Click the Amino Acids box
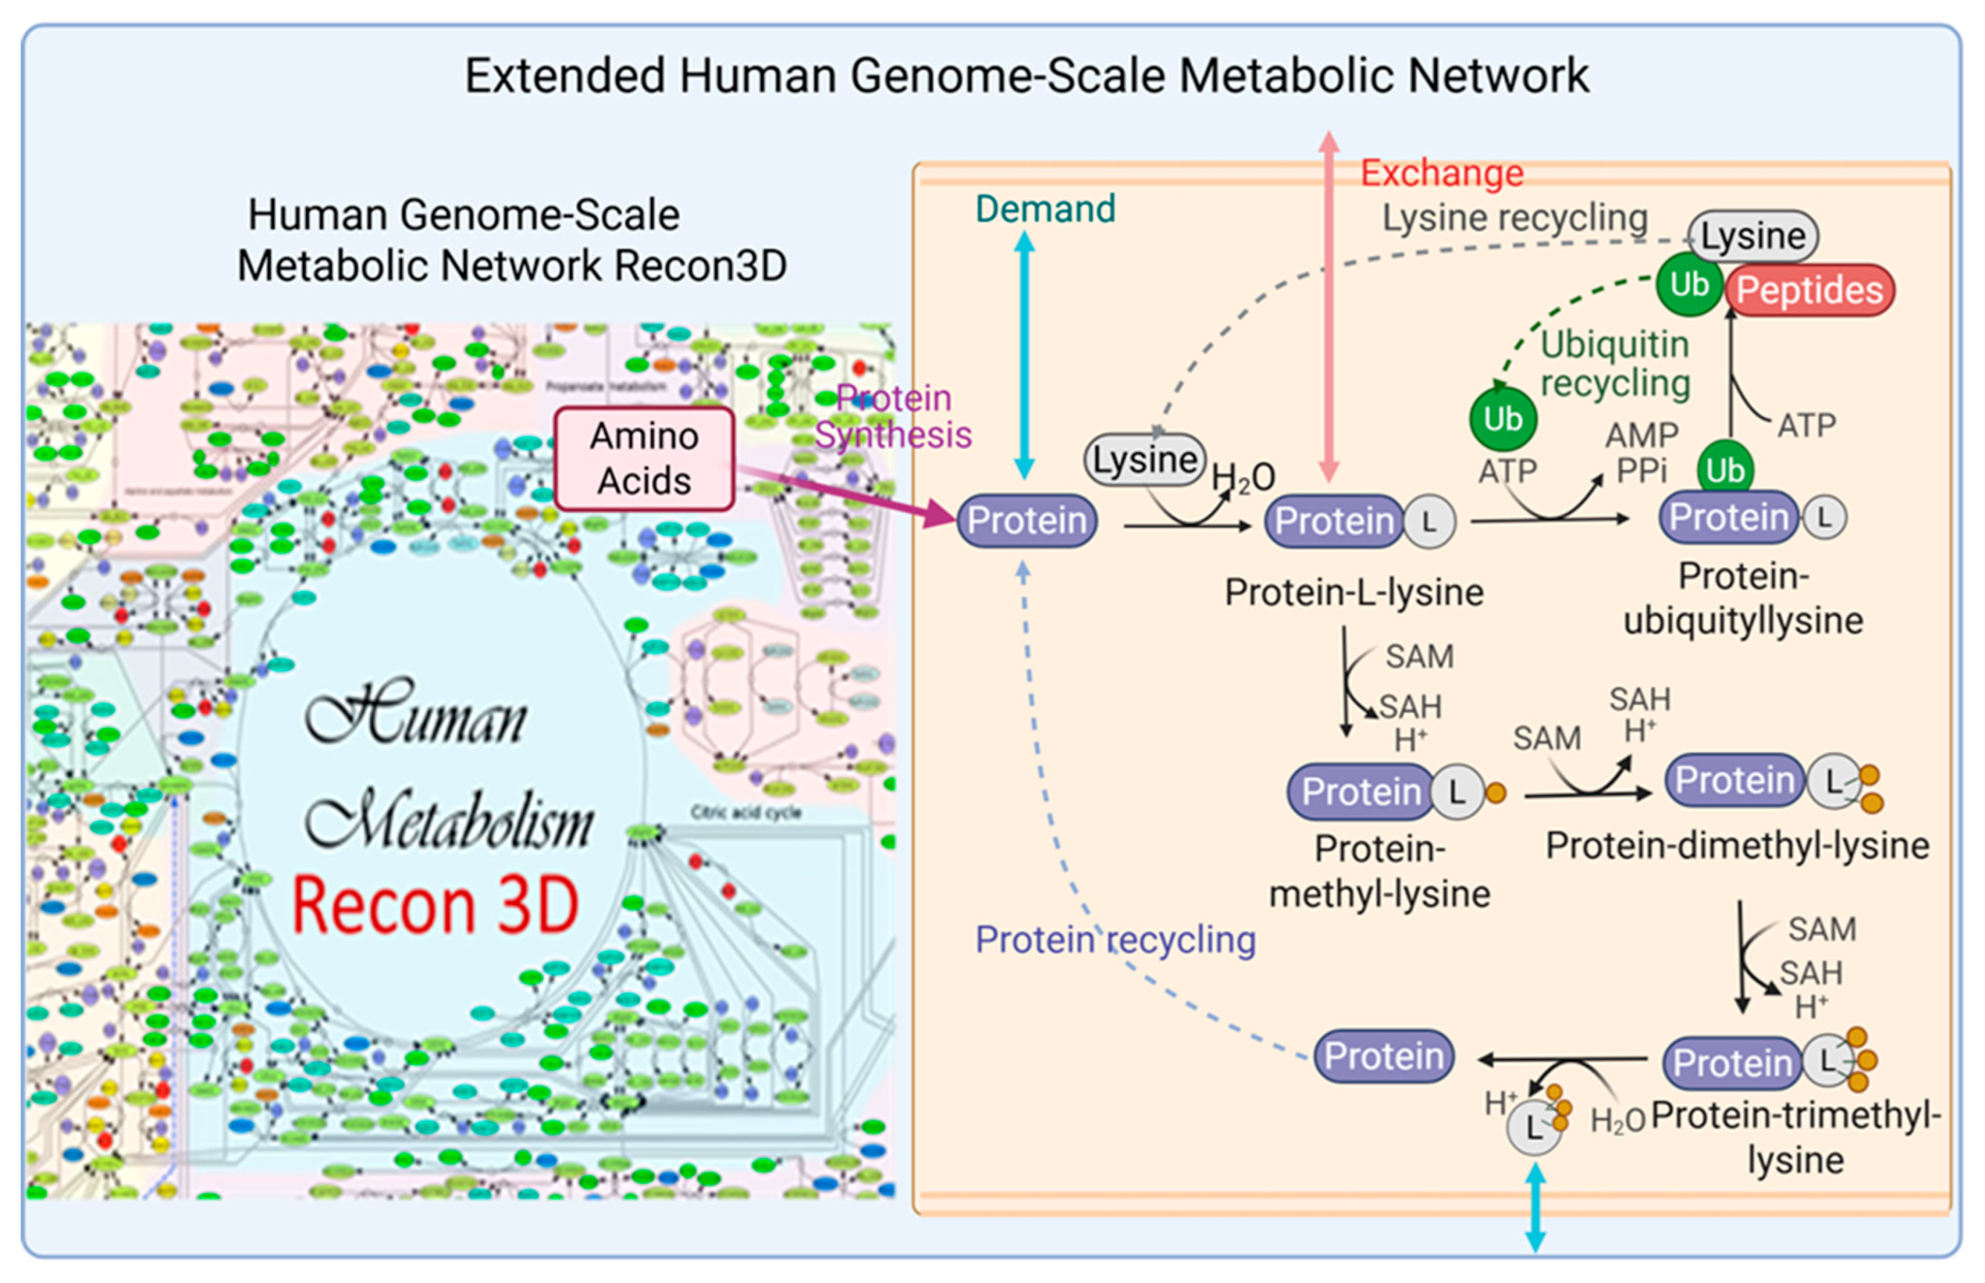point(644,459)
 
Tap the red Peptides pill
point(1808,291)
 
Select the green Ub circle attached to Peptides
point(1688,286)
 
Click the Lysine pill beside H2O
point(1144,460)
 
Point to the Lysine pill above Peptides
point(1753,235)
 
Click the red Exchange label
point(1441,173)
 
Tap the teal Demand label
point(1045,209)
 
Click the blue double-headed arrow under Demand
point(1025,354)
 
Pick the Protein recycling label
point(1115,939)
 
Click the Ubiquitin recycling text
point(1614,364)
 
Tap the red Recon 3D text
point(434,906)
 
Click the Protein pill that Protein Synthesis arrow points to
point(1027,521)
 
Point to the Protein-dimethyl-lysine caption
point(1737,847)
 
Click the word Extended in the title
point(564,76)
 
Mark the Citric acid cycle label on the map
point(746,812)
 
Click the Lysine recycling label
point(1514,219)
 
